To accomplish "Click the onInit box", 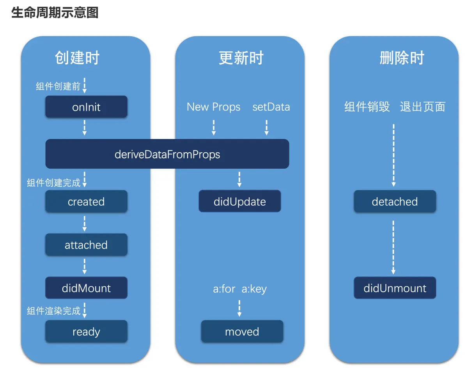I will tap(86, 107).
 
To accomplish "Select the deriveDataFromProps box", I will tap(167, 154).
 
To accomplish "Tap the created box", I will tap(86, 201).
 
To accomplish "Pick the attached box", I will tap(86, 245).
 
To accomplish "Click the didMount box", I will tap(86, 288).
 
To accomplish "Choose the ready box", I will tap(86, 331).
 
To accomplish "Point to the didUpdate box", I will tap(239, 201).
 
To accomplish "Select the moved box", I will tap(242, 331).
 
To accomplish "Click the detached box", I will tap(395, 201).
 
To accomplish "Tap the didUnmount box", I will tap(395, 288).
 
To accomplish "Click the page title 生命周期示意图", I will tap(55, 12).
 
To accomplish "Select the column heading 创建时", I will tap(77, 58).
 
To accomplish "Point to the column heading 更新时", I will tap(241, 58).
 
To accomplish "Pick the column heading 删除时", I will tap(402, 58).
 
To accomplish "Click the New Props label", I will tap(213, 107).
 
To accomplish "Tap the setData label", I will tap(271, 107).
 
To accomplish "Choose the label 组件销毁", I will tap(367, 107).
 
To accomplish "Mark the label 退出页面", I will tap(422, 107).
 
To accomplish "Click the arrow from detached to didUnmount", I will tap(394, 247).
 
